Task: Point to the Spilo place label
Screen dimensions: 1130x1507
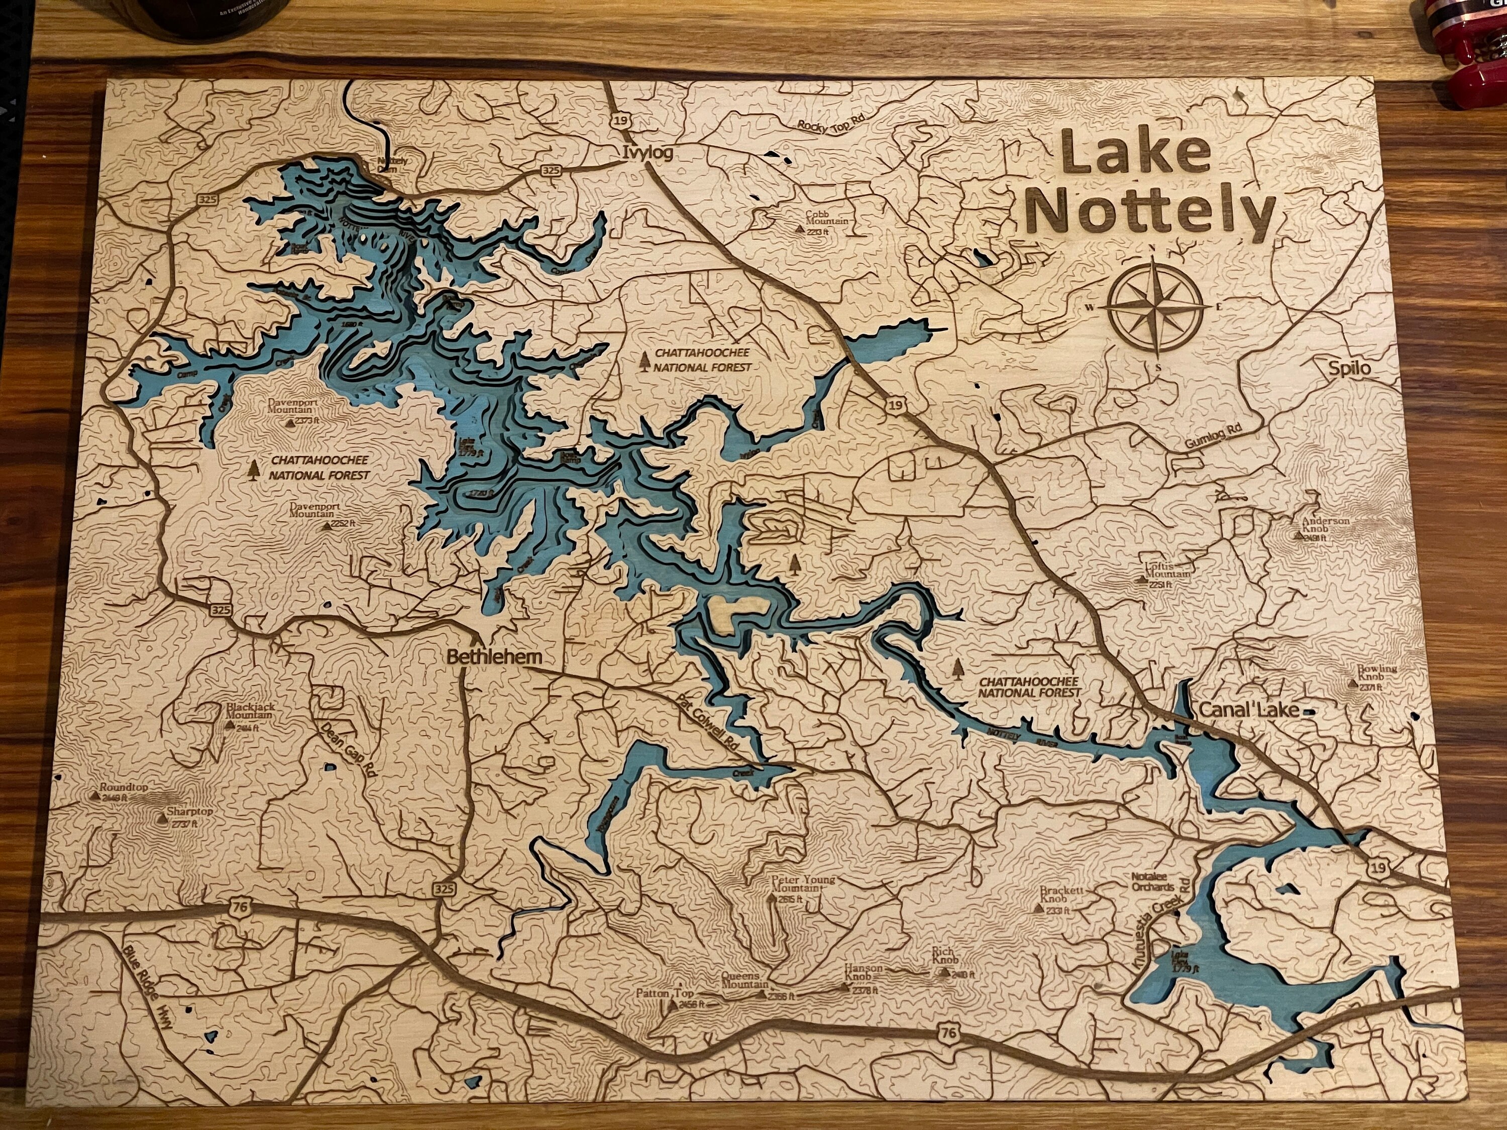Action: click(x=1348, y=369)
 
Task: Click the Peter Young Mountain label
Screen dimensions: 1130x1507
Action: click(x=802, y=884)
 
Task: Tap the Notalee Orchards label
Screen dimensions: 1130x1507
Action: click(x=1153, y=883)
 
